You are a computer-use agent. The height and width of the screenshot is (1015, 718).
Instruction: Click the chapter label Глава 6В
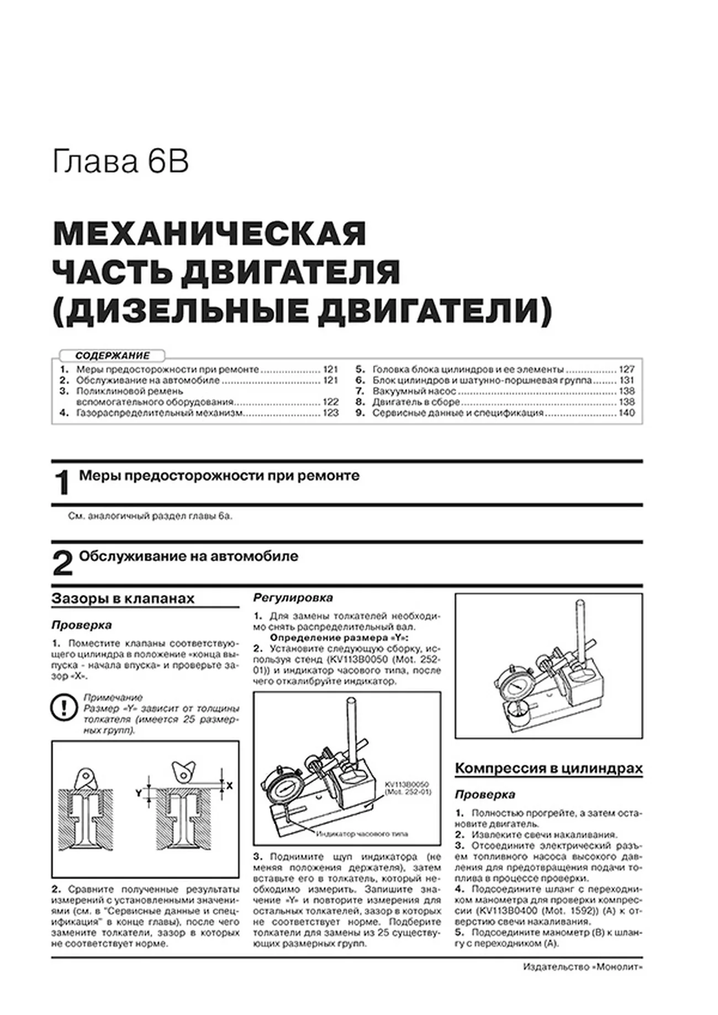click(120, 162)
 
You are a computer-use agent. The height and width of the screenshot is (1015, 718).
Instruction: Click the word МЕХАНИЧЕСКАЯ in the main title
click(209, 235)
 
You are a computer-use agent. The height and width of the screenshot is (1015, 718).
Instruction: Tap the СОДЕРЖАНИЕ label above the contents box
click(113, 356)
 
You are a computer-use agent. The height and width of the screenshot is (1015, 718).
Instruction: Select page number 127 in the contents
click(626, 369)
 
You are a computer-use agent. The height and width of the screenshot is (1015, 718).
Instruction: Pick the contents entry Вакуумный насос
click(414, 391)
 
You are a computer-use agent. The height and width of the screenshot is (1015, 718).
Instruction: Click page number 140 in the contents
click(626, 413)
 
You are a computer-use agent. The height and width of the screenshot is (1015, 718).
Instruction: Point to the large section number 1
click(62, 483)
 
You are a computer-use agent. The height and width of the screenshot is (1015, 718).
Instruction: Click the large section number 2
click(62, 564)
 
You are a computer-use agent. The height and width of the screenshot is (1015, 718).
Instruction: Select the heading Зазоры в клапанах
click(123, 599)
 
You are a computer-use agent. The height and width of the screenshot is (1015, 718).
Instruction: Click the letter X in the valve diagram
click(230, 786)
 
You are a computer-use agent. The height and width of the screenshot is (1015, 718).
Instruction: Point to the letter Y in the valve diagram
click(139, 794)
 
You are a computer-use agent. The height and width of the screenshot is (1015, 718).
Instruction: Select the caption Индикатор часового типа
click(362, 834)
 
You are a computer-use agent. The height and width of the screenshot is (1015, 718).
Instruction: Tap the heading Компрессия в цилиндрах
click(548, 768)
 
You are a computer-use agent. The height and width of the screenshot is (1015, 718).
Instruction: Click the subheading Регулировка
click(293, 598)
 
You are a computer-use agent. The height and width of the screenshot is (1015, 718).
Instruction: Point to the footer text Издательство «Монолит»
click(582, 967)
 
